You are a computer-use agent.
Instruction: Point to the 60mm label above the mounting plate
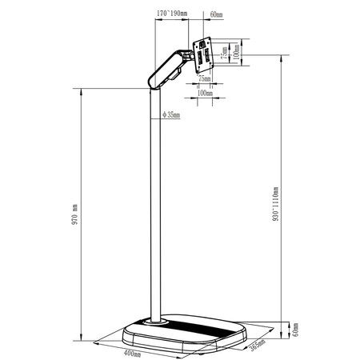point(217,14)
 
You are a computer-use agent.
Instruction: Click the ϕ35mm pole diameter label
point(170,115)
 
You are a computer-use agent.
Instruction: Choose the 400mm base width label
point(132,352)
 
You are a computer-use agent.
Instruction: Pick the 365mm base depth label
point(258,345)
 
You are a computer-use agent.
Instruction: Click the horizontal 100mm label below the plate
point(206,93)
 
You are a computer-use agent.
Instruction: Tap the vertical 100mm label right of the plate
point(235,52)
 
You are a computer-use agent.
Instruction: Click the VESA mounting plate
point(206,56)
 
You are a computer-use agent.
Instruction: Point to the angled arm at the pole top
point(166,70)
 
